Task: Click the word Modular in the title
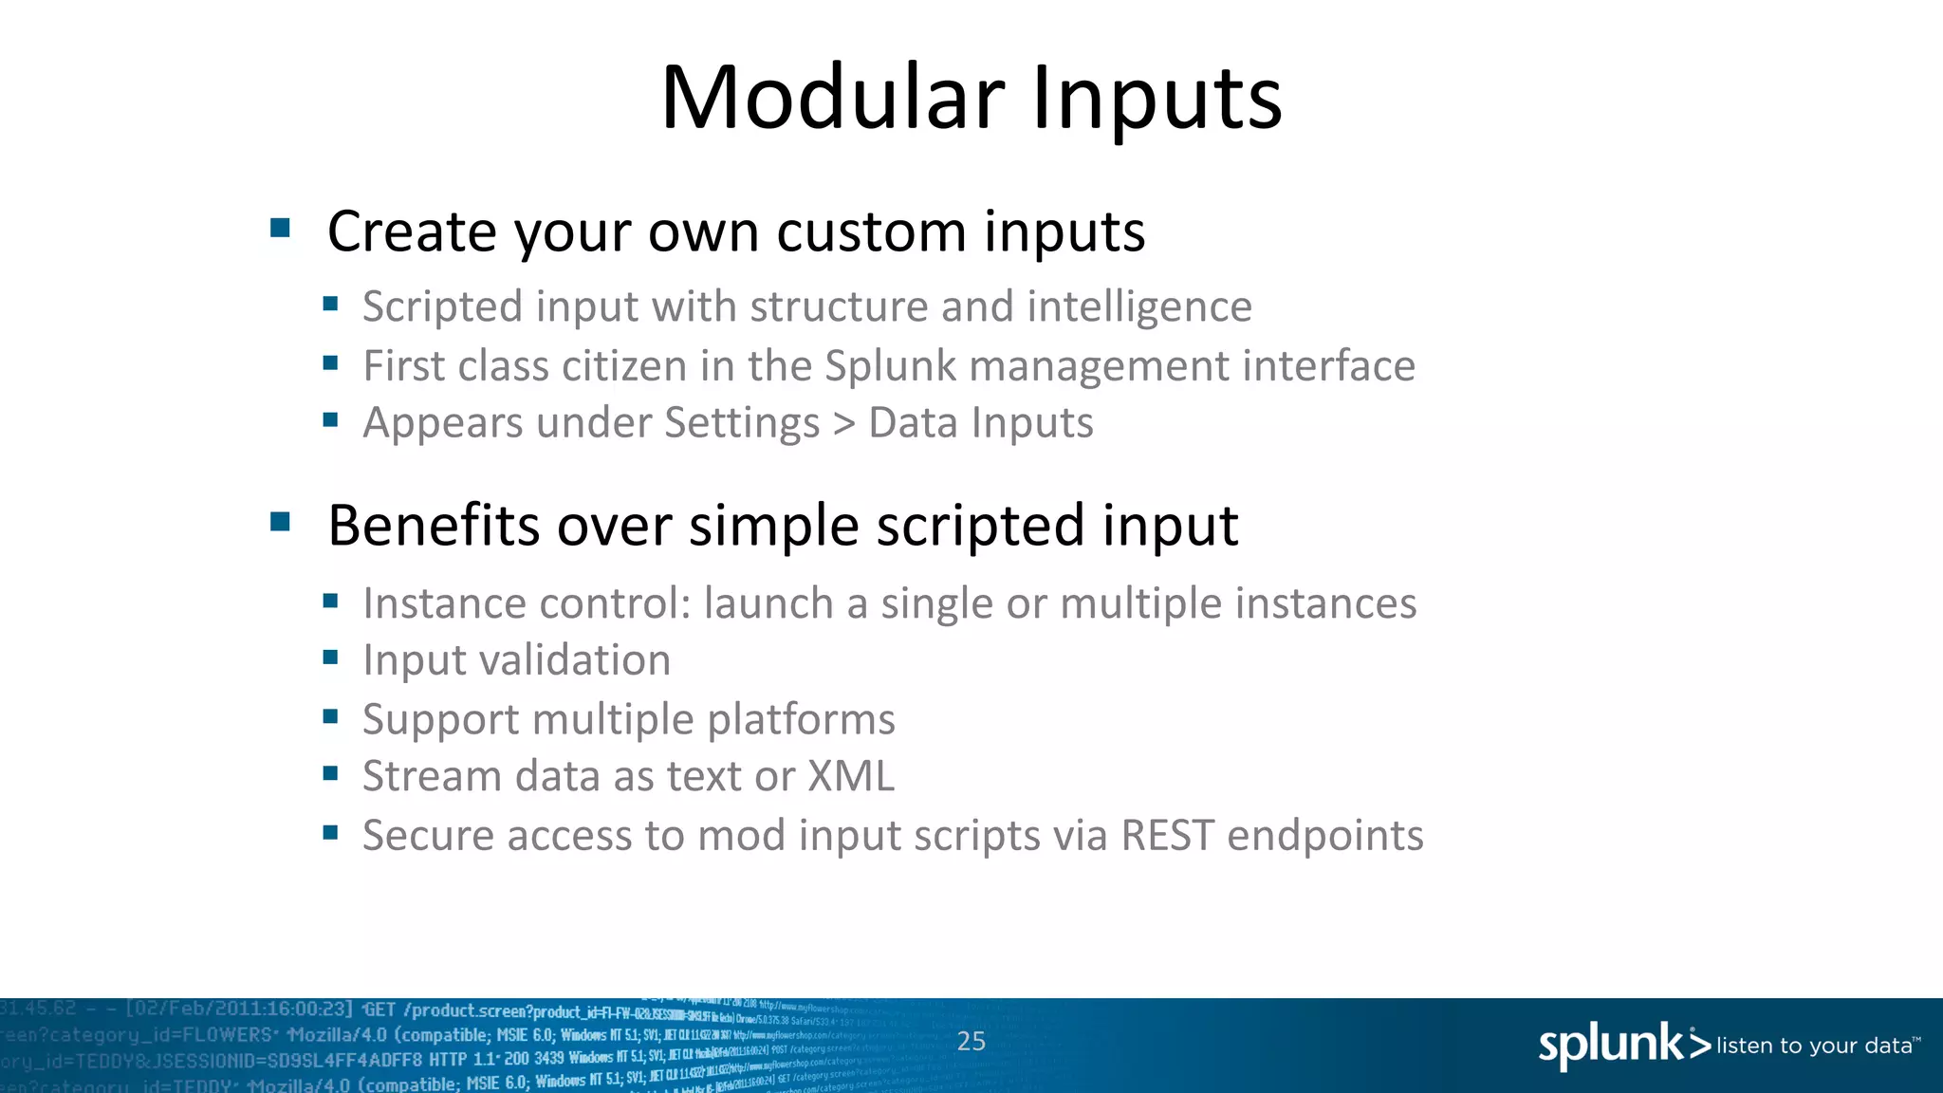[831, 98]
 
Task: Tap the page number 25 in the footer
[971, 1041]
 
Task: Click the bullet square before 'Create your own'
[280, 228]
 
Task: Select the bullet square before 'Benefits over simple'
[280, 522]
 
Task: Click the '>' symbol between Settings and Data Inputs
[843, 424]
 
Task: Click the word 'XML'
[850, 776]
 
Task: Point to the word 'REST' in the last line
[1167, 836]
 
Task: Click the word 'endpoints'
[1324, 837]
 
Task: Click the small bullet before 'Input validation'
[330, 658]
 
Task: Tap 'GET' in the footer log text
[379, 1010]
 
